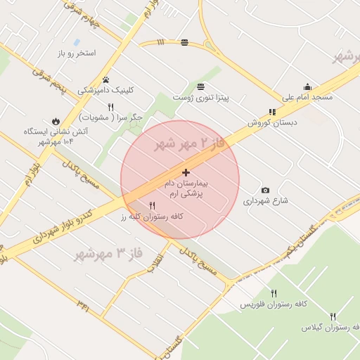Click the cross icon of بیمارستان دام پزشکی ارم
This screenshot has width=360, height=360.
pos(186,172)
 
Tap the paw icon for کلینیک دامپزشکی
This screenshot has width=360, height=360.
pos(105,79)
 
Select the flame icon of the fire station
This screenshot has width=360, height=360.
pos(56,120)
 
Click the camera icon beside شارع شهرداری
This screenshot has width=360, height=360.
pos(265,190)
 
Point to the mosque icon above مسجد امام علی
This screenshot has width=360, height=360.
pos(307,86)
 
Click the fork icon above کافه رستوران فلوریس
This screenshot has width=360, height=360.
pos(274,293)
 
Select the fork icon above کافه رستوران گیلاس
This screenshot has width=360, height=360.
pos(333,316)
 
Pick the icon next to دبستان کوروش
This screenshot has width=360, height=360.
pos(272,112)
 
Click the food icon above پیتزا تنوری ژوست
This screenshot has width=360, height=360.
pos(201,86)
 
